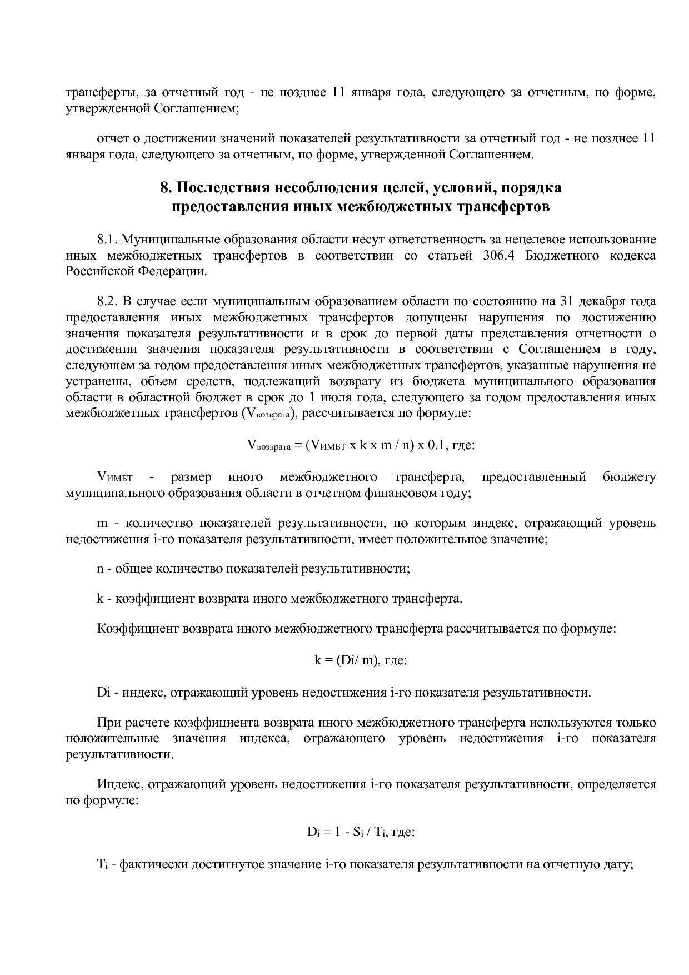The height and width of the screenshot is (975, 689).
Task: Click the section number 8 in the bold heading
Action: tap(164, 188)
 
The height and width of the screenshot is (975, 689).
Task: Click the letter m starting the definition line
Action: tap(102, 523)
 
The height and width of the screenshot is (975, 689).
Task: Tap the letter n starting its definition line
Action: tap(100, 569)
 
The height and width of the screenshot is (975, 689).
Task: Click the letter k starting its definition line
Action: tap(100, 599)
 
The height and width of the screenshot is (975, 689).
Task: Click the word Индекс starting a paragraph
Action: tap(121, 784)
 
